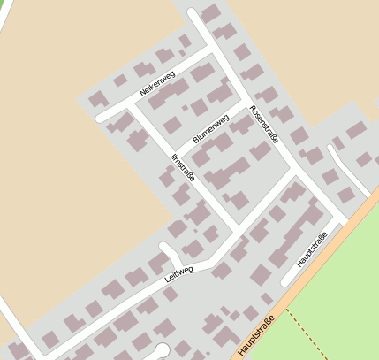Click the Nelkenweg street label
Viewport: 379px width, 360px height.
157,84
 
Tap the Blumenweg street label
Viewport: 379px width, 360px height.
210,128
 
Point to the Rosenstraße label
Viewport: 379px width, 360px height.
264,125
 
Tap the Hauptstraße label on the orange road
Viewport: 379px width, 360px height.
256,337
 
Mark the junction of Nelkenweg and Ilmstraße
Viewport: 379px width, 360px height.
131,103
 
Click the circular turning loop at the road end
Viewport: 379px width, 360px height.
162,349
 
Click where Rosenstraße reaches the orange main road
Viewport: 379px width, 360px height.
345,221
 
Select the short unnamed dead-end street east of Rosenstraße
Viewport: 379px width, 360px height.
341,165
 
